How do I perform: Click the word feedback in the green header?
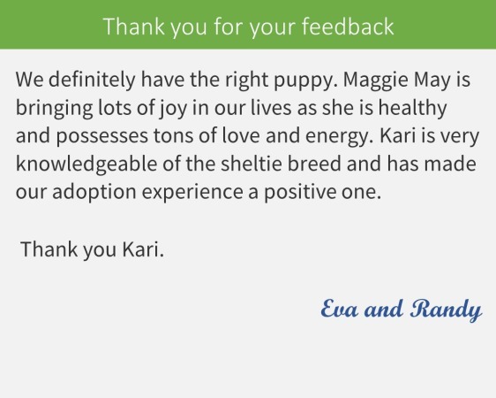[x=348, y=27]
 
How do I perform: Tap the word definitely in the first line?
[x=92, y=80]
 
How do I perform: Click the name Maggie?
[x=376, y=80]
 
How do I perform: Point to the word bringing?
[x=54, y=109]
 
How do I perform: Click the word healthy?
[x=412, y=108]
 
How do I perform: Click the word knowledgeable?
[x=86, y=165]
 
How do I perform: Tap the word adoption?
[x=94, y=193]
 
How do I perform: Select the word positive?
[x=299, y=193]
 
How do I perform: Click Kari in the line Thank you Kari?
[x=143, y=249]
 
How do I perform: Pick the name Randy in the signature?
[x=447, y=310]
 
